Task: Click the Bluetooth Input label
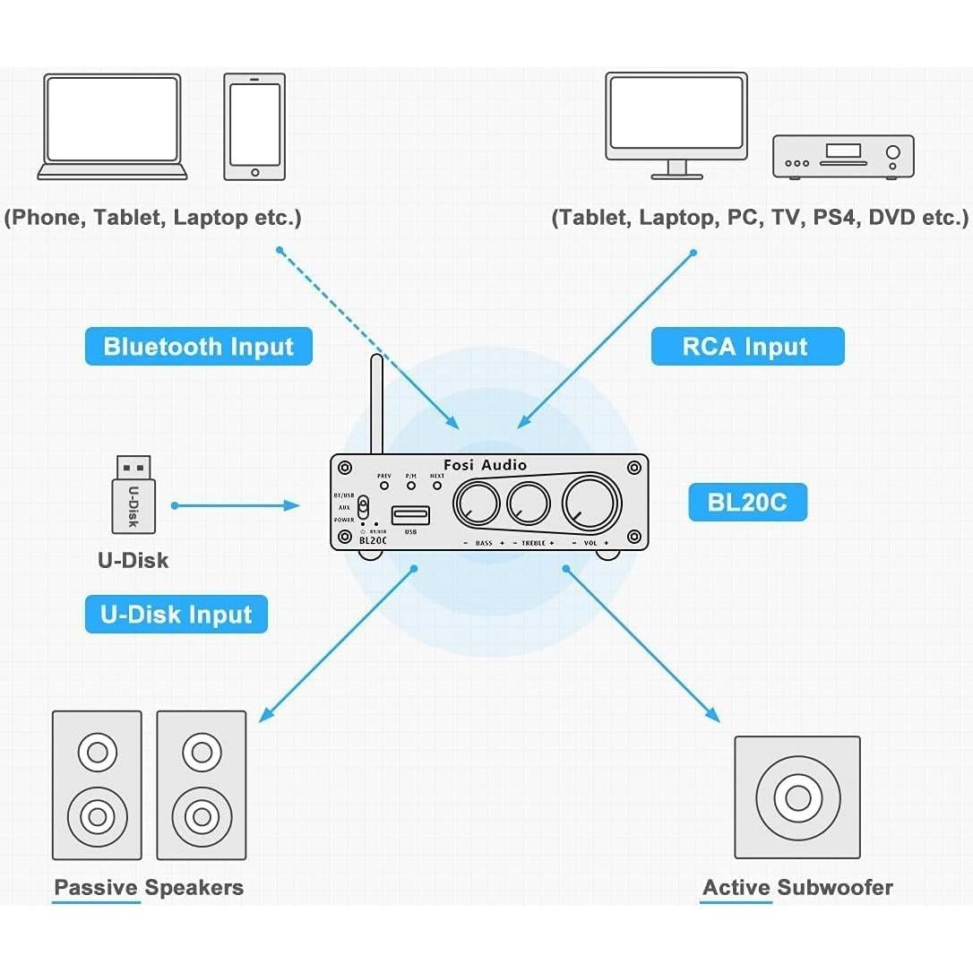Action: point(198,347)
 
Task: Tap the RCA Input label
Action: point(747,347)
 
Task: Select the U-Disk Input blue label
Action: point(177,615)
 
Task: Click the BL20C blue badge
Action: point(747,502)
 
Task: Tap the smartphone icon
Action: point(254,125)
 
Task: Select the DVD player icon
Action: point(843,157)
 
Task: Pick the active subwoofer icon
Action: point(796,797)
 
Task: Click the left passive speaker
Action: point(97,785)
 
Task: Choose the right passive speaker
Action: point(202,785)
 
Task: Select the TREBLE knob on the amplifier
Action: point(529,503)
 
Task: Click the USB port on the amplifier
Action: point(410,516)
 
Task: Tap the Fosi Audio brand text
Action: point(491,465)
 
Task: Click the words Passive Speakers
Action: point(149,888)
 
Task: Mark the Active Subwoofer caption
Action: point(797,888)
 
